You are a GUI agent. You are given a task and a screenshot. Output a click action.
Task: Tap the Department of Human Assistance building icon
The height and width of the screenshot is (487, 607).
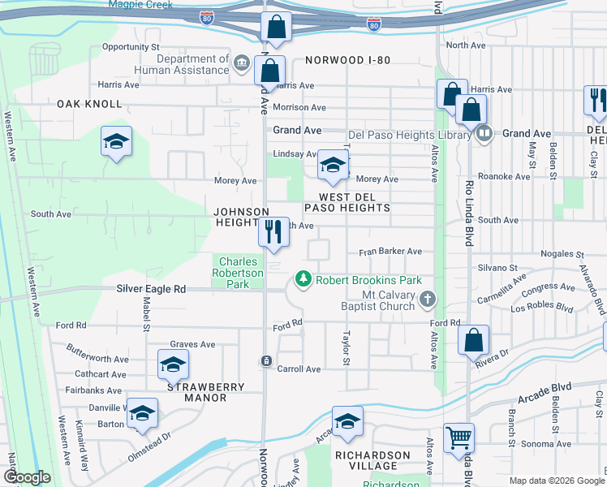[241, 64]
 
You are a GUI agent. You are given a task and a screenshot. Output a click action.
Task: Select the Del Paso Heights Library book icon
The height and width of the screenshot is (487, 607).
[484, 134]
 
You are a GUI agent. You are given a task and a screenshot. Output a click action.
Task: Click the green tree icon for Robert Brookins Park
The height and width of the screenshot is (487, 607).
[303, 280]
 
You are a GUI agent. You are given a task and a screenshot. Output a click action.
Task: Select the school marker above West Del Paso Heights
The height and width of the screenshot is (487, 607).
[332, 165]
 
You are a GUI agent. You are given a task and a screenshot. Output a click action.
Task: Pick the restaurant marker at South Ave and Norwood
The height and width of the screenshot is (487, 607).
[273, 232]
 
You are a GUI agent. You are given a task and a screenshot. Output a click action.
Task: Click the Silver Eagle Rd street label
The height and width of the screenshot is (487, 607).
[151, 289]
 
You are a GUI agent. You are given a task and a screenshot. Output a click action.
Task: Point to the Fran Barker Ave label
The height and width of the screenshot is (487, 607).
[390, 252]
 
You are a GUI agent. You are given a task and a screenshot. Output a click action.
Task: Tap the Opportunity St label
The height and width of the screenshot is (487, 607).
[130, 47]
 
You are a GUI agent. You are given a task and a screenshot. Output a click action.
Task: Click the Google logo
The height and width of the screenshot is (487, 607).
[27, 477]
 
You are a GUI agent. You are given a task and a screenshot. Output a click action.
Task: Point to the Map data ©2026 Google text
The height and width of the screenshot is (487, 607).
[556, 481]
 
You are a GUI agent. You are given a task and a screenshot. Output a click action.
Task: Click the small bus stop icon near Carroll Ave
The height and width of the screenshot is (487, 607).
[265, 360]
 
